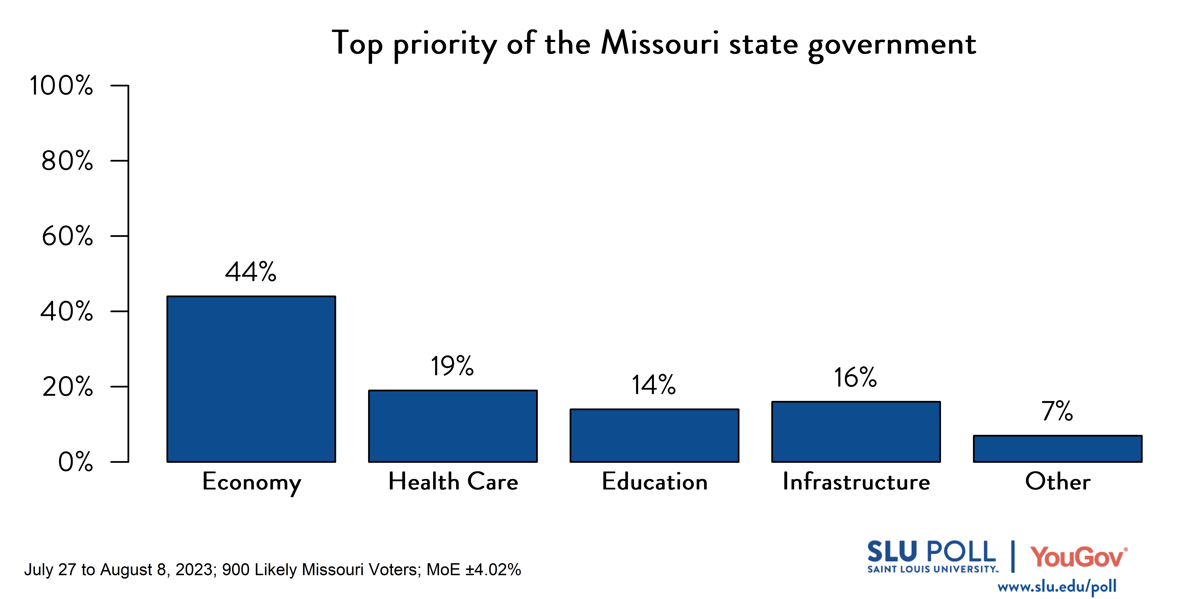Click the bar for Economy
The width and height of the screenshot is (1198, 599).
[251, 379]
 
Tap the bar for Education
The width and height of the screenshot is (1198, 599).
[654, 435]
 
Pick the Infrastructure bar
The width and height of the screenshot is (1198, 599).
[856, 432]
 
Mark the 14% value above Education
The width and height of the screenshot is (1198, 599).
[653, 385]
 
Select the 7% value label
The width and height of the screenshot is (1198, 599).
[1057, 411]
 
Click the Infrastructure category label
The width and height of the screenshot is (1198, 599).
[856, 481]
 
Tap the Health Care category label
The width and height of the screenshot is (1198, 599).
[453, 481]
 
